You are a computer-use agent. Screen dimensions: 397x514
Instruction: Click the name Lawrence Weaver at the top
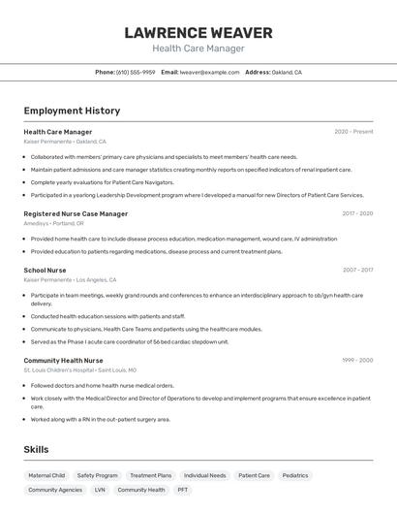198,33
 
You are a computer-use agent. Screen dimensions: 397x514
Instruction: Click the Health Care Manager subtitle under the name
198,48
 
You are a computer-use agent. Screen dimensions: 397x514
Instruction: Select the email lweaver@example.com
209,72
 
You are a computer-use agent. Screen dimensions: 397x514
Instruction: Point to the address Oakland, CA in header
286,72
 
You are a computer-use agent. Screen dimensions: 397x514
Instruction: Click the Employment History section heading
72,111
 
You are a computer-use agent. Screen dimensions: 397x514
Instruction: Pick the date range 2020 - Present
353,132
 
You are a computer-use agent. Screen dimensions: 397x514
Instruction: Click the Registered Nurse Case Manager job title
76,213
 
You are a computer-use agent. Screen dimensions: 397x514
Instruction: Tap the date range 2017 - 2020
356,213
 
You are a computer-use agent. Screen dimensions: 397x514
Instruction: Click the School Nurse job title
45,271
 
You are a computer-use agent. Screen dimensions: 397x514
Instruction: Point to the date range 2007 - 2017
356,271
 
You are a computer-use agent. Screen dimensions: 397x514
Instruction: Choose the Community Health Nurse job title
63,360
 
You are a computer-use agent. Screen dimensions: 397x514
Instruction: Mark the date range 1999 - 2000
356,360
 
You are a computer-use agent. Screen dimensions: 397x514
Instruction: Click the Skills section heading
36,450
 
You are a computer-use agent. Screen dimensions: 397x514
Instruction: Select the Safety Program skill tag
97,475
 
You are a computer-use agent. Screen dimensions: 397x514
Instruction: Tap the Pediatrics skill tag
295,475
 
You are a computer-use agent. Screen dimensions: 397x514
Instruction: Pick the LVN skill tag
100,490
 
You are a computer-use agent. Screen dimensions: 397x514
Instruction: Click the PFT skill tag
182,490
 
